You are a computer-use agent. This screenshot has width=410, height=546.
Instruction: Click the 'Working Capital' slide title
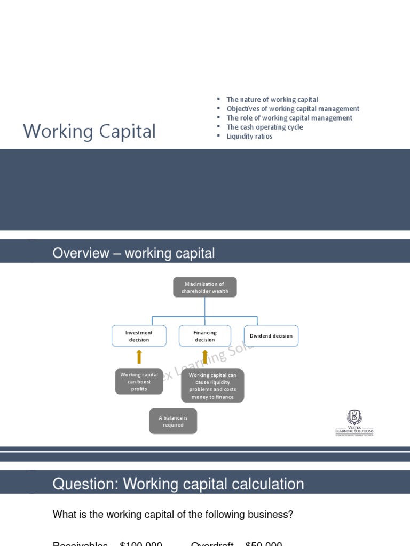point(89,131)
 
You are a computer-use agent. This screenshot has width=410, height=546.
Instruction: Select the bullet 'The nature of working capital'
point(272,100)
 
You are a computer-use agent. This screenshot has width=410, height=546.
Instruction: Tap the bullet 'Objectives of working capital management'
point(293,109)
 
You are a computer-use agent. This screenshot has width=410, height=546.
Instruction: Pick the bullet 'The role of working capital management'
point(289,118)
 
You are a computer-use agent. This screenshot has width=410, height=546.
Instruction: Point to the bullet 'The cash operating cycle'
point(264,127)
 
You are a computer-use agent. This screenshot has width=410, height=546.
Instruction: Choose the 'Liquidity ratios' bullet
point(249,136)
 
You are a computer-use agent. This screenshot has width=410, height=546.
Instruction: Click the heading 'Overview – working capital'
point(133,253)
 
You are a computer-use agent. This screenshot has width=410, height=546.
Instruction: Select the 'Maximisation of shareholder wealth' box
point(204,287)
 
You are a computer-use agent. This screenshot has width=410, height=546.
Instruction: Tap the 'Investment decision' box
point(139,336)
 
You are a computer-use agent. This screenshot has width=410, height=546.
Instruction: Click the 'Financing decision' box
point(205,336)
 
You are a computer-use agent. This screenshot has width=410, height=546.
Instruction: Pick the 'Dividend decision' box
point(271,336)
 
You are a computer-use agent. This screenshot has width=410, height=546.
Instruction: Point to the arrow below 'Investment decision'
point(139,357)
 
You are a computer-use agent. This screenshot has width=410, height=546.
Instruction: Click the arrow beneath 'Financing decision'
point(205,357)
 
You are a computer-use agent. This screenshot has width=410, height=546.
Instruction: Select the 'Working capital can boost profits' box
point(139,382)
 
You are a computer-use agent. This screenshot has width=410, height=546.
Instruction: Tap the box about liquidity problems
point(212,386)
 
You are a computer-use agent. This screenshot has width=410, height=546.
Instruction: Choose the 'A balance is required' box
point(173,421)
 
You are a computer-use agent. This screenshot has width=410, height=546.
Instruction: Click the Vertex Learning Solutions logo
point(354,423)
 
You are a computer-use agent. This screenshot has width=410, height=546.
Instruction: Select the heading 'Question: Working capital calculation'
point(178,484)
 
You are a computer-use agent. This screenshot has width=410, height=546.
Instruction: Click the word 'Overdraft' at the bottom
point(212,543)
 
